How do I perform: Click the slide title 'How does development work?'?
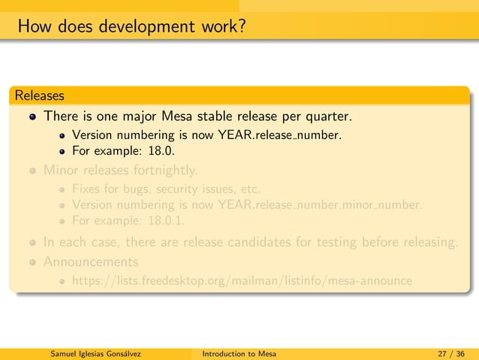[x=132, y=29]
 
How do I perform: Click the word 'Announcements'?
[x=91, y=262]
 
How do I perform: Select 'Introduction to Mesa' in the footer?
[x=239, y=354]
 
